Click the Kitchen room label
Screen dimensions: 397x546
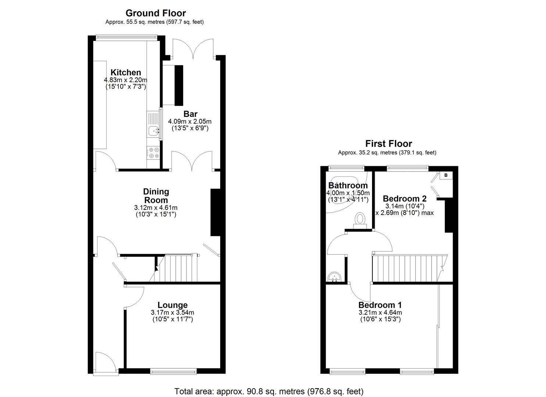click(x=126, y=72)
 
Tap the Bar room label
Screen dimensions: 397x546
click(x=190, y=114)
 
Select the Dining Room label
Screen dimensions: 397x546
click(x=156, y=196)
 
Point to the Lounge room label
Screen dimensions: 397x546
click(x=172, y=305)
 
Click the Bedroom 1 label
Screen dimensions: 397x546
click(x=380, y=305)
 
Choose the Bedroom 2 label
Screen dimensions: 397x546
click(x=404, y=198)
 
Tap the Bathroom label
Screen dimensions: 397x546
click(x=348, y=185)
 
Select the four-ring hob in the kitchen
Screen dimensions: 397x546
click(x=153, y=153)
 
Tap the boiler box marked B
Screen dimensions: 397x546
click(x=446, y=175)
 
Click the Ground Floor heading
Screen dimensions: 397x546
click(x=156, y=14)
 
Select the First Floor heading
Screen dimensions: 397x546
click(x=388, y=144)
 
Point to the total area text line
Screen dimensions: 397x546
click(x=269, y=391)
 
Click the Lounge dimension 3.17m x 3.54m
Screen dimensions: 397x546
click(x=172, y=313)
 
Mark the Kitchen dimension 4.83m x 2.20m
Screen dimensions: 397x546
click(x=126, y=80)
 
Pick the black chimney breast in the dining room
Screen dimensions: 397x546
click(x=215, y=212)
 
